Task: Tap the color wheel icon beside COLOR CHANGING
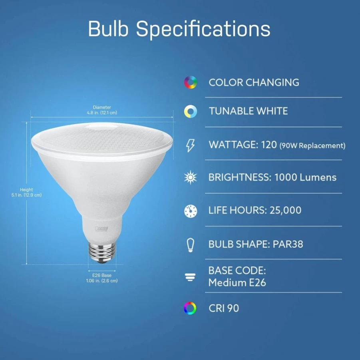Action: coord(191,82)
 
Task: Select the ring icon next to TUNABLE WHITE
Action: coord(191,111)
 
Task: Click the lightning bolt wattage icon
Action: coord(190,145)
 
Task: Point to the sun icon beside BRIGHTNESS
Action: coord(191,177)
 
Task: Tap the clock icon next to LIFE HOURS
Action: coord(191,211)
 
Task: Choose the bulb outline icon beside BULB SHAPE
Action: coord(191,245)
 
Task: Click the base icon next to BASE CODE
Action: coord(190,277)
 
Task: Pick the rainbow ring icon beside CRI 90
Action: coord(190,308)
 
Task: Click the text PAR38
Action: coord(288,244)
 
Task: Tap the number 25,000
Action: coord(285,211)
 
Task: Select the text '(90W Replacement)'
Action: coord(312,145)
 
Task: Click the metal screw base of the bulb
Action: coord(102,252)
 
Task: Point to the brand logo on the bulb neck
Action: coord(101,229)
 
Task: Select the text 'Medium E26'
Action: coord(237,282)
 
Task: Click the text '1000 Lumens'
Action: coord(306,177)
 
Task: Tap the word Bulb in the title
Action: coord(108,29)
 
